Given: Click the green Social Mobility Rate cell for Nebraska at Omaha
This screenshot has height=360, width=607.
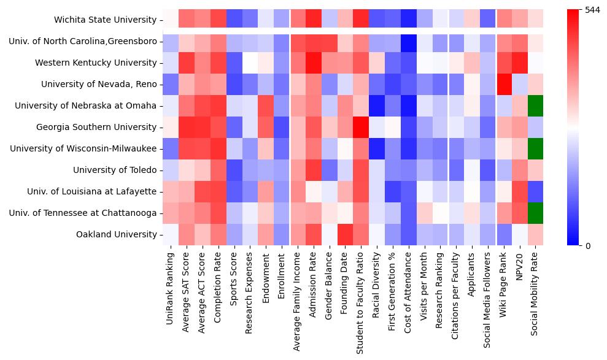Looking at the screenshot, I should [536, 105].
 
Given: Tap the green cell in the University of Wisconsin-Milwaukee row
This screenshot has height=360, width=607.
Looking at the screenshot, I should [536, 148].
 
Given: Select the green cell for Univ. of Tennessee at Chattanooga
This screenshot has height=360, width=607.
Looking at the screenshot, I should [536, 213].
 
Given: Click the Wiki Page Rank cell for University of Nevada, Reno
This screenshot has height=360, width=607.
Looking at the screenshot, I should [504, 84].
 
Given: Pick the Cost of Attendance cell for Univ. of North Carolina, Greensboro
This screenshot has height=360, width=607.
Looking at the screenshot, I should [409, 41].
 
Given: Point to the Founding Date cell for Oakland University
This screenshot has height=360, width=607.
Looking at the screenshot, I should [345, 234].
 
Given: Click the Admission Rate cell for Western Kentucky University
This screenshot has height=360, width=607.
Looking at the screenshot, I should [313, 63].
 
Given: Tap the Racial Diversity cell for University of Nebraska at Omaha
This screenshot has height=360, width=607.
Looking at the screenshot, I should [377, 105].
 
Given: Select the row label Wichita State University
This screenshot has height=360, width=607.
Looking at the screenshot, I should [105, 20].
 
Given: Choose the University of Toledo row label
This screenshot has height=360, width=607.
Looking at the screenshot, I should [115, 170].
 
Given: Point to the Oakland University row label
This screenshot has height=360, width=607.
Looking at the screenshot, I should [117, 234].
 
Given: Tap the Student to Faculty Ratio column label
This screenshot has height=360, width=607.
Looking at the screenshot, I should [361, 301].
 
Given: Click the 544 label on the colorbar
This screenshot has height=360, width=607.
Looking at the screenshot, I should [593, 10].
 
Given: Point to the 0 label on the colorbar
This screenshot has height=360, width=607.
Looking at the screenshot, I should [588, 246].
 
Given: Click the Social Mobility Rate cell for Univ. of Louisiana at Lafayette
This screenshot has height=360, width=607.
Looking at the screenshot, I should [536, 191].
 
